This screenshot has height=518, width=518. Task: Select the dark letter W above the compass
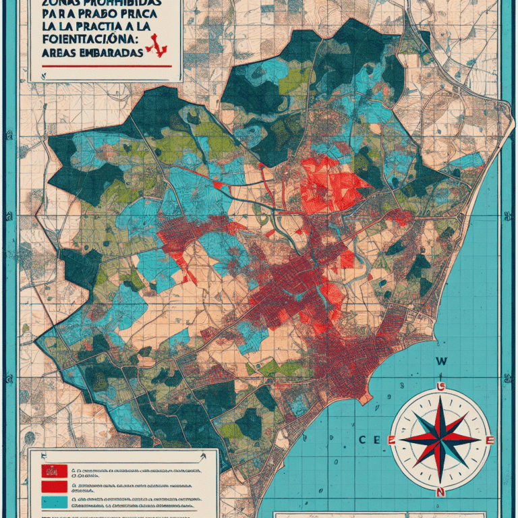point(442,362)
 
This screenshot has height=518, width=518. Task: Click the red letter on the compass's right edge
point(490,440)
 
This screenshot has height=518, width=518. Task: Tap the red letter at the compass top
point(441,386)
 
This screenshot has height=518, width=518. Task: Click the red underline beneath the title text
point(105,66)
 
